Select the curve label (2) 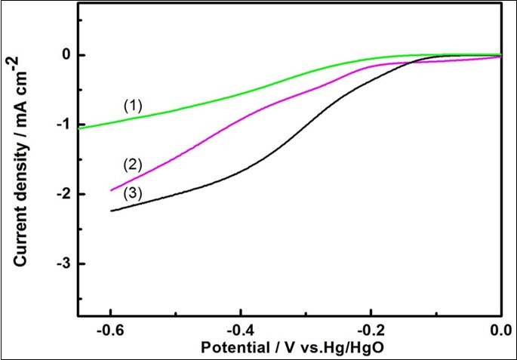point(134,165)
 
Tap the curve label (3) point(134,194)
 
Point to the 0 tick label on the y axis point(66,55)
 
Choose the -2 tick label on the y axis point(63,194)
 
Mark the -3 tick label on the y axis point(63,263)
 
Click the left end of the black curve point(111,211)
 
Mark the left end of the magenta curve point(111,190)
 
